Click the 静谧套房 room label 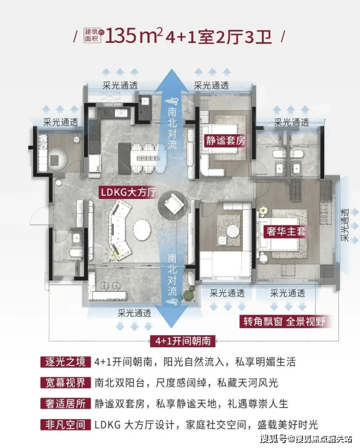[225, 140]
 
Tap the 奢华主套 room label [286, 231]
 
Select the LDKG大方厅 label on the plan [128, 193]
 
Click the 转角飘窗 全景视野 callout [284, 322]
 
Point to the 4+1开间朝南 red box [183, 341]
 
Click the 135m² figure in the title [134, 36]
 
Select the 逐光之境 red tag [66, 362]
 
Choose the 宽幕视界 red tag [66, 383]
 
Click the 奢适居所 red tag [66, 404]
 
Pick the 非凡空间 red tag [66, 425]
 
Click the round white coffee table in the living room [142, 230]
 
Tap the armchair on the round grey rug [173, 203]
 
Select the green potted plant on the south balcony [189, 295]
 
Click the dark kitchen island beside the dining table [124, 158]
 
